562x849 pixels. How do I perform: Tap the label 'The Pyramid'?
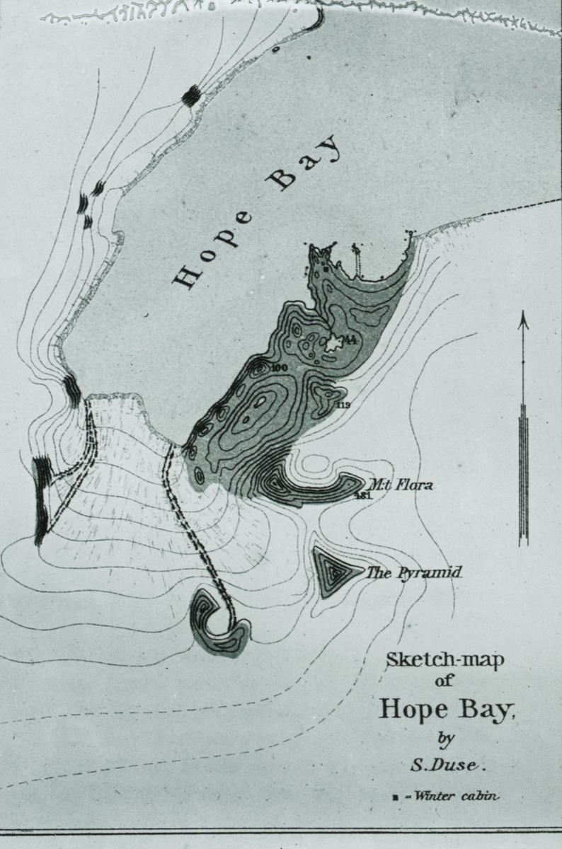coord(413,572)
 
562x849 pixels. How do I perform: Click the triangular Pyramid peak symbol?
coord(331,568)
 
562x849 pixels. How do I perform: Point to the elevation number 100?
coord(279,367)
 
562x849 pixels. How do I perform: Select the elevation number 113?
coord(345,405)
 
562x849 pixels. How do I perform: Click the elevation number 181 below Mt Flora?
coord(364,495)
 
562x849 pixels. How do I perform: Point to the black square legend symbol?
coord(396,798)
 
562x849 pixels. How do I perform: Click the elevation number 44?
coord(350,341)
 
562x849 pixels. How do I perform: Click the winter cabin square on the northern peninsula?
coord(325,270)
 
